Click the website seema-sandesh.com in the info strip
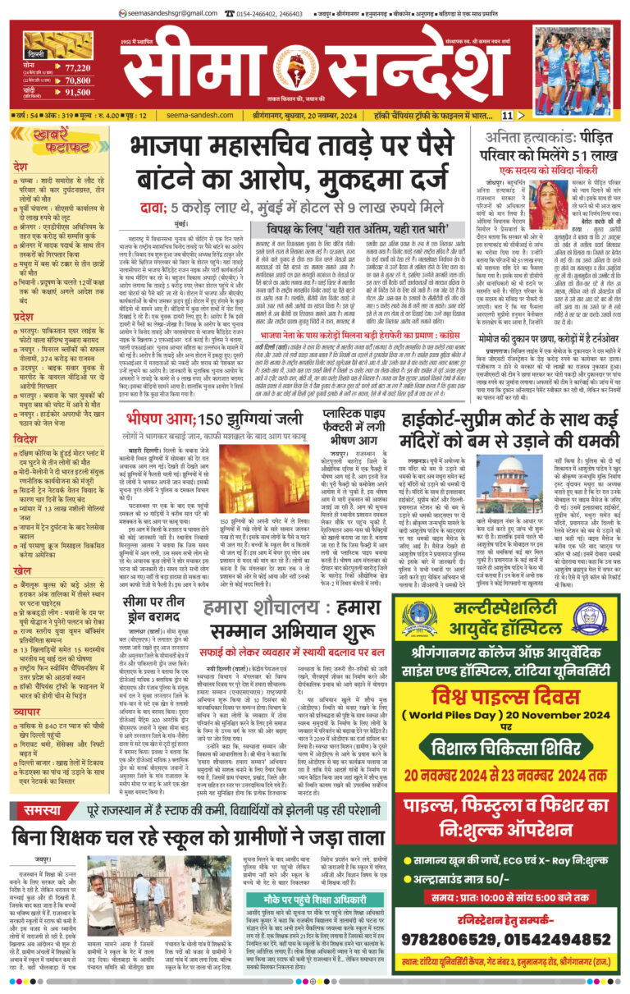click(x=196, y=116)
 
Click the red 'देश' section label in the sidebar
click(x=21, y=167)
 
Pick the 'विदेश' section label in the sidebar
click(x=25, y=439)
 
